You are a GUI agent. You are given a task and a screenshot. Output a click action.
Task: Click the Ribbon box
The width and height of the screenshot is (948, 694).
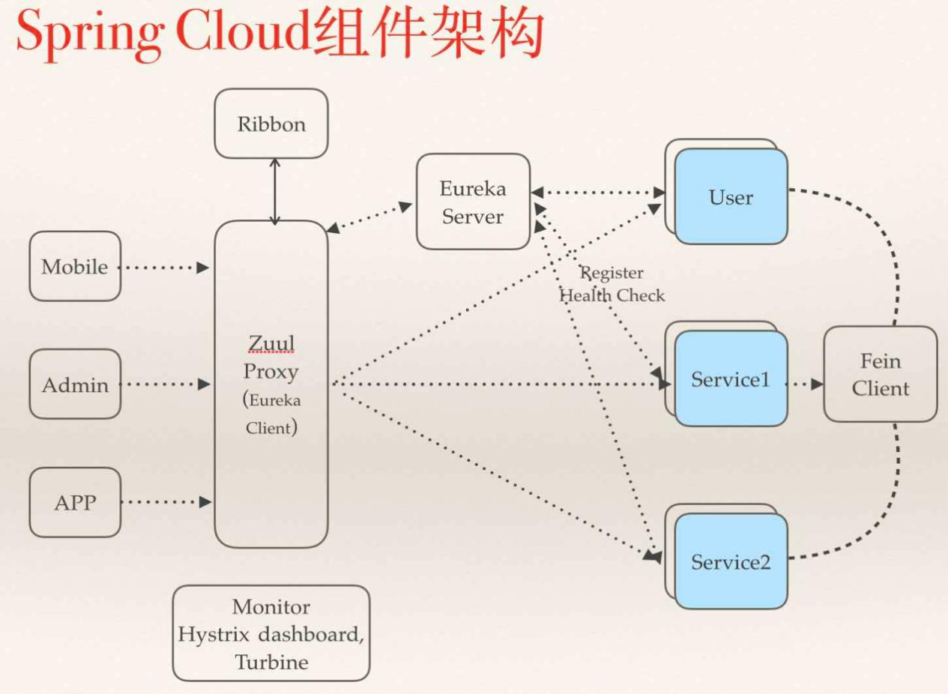coord(271,124)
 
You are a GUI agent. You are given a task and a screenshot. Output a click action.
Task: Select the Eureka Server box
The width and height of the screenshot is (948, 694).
coord(473,202)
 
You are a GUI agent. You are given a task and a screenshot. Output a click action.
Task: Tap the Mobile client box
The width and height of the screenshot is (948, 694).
coord(75,267)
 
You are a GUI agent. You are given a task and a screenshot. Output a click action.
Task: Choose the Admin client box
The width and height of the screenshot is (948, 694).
coord(75,384)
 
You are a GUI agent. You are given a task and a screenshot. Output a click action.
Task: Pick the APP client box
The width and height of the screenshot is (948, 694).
coord(75,502)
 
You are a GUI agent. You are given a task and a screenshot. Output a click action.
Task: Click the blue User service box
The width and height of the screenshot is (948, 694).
coord(731,197)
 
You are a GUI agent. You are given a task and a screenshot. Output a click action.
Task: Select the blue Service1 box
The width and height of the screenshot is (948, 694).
coord(731,379)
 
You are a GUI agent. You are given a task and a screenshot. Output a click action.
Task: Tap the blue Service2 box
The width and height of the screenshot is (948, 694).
coord(731,562)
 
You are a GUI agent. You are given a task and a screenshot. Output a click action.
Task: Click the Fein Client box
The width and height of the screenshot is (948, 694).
coord(880,375)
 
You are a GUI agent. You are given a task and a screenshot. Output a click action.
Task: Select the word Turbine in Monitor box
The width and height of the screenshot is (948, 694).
coord(271,662)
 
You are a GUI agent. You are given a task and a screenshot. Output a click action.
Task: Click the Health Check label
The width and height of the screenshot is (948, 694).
coord(612,295)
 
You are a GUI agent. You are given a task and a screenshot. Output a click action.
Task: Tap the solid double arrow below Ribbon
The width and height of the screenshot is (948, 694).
coord(274,191)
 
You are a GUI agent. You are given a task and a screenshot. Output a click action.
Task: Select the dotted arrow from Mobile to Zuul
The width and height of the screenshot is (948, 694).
coord(165,267)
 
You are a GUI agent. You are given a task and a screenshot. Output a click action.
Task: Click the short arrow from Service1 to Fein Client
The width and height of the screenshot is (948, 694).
coord(805,384)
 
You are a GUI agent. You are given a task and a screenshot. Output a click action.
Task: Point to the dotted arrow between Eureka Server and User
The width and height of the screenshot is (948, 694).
coord(597,193)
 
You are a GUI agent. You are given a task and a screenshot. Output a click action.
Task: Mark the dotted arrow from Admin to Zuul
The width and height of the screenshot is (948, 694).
coord(166,384)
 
